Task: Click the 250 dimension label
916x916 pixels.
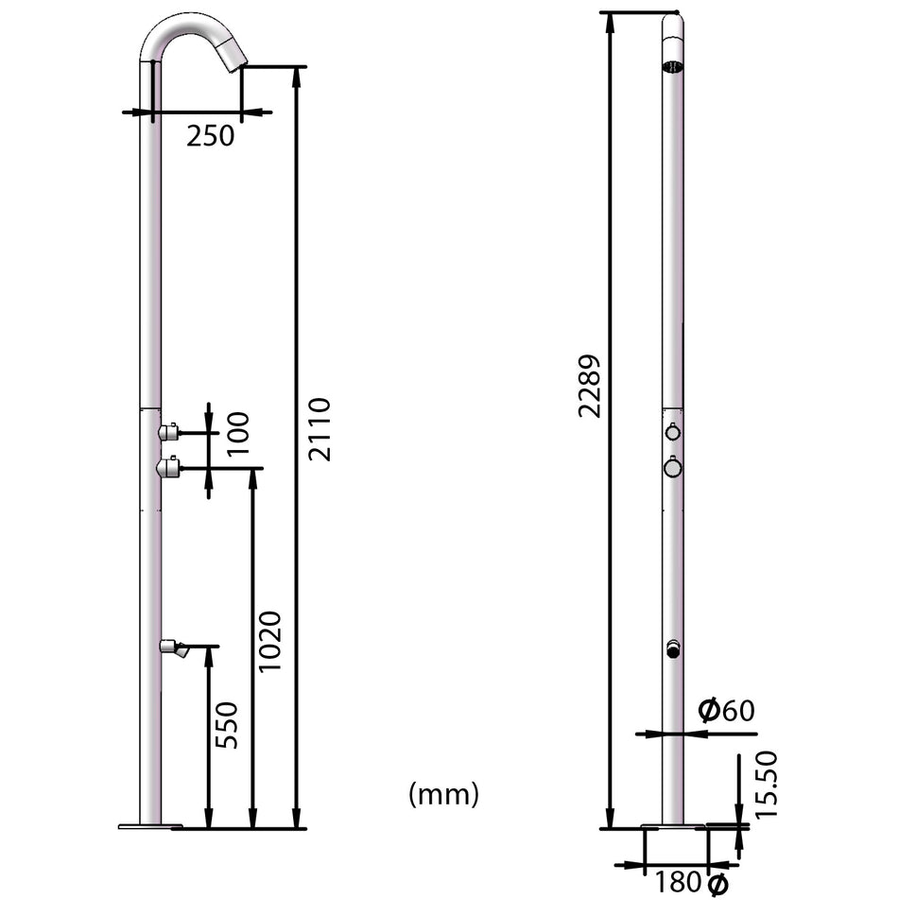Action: pyautogui.click(x=209, y=136)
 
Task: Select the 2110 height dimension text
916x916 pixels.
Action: pyautogui.click(x=320, y=428)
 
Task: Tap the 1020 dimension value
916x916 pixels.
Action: pyautogui.click(x=270, y=641)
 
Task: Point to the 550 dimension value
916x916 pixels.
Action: pyautogui.click(x=227, y=725)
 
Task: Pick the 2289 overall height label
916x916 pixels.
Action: pyautogui.click(x=591, y=386)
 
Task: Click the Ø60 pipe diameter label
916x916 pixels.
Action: pyautogui.click(x=726, y=710)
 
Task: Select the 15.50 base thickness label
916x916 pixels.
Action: pyautogui.click(x=766, y=784)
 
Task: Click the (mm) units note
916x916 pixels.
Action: pyautogui.click(x=443, y=794)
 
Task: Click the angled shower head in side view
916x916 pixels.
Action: pyautogui.click(x=230, y=54)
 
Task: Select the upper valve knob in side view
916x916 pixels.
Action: pyautogui.click(x=169, y=433)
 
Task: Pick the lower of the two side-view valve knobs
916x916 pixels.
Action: pyautogui.click(x=169, y=466)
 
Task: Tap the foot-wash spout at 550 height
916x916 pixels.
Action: pyautogui.click(x=174, y=648)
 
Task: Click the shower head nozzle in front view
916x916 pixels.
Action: pyautogui.click(x=673, y=65)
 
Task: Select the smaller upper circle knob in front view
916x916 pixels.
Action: pyautogui.click(x=672, y=433)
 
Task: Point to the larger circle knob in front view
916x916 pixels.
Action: pyautogui.click(x=672, y=467)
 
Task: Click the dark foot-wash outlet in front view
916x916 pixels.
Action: pyautogui.click(x=673, y=649)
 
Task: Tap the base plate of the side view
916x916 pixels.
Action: pyautogui.click(x=149, y=827)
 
